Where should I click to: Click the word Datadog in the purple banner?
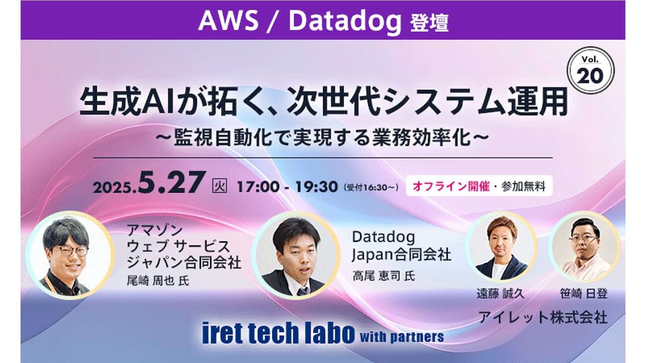click(x=345, y=22)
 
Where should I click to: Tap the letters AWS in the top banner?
click(x=228, y=21)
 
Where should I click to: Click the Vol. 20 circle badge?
click(x=590, y=71)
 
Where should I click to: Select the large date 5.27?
click(x=172, y=182)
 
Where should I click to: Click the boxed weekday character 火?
click(x=220, y=186)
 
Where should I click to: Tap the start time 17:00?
click(x=258, y=187)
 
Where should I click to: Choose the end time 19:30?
click(x=317, y=187)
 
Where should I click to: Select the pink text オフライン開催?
click(x=451, y=186)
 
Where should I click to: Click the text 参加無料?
click(x=523, y=186)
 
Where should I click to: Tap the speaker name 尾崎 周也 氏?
click(x=158, y=281)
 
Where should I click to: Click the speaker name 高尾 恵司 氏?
click(x=384, y=276)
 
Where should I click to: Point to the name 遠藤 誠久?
click(x=500, y=294)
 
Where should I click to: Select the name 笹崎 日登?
click(x=584, y=294)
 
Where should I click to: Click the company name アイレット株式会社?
click(x=543, y=317)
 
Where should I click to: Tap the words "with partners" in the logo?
click(x=402, y=337)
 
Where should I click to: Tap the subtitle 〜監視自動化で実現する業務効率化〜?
click(x=322, y=138)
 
